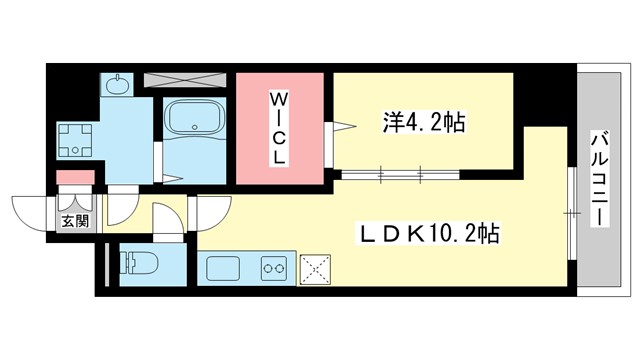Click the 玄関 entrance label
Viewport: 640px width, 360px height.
[x=73, y=221]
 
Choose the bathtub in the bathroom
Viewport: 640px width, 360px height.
[x=195, y=121]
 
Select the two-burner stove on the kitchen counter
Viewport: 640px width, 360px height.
[x=275, y=268]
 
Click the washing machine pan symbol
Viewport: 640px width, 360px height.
[x=74, y=140]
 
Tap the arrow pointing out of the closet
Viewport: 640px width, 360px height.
[x=343, y=128]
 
